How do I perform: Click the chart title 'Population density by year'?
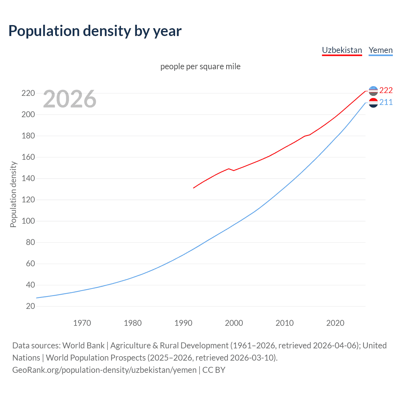click(95, 31)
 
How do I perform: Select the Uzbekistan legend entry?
click(342, 50)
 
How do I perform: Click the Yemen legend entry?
click(380, 50)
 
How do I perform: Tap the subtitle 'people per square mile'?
click(200, 66)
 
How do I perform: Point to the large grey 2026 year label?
click(70, 99)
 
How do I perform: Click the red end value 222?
click(386, 90)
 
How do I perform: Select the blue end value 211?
click(386, 102)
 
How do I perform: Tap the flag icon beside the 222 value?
click(373, 91)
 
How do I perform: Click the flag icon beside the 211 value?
click(373, 103)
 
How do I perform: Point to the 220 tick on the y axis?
click(28, 93)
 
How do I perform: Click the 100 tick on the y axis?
click(28, 221)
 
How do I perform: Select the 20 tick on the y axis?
click(30, 306)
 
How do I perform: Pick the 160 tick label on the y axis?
click(28, 157)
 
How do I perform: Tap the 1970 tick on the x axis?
click(82, 323)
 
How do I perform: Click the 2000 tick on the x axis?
click(234, 323)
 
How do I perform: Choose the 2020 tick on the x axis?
click(335, 323)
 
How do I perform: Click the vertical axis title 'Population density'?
click(13, 194)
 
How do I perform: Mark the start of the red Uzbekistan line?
click(194, 188)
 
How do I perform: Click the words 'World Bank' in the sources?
click(83, 346)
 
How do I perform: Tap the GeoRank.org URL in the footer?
click(104, 370)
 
